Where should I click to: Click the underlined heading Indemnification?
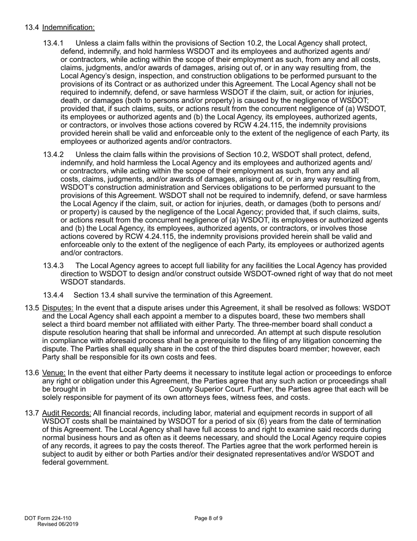[68, 28]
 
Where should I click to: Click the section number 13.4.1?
[53, 43]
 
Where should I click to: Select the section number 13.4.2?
[53, 155]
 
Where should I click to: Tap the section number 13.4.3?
[53, 266]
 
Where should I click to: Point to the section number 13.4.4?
[53, 295]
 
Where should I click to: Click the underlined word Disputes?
[58, 308]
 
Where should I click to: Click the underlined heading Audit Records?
[67, 413]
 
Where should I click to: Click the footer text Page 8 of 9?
[208, 518]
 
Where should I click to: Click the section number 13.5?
[32, 308]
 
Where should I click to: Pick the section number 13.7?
[32, 413]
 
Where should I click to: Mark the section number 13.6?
[32, 373]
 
